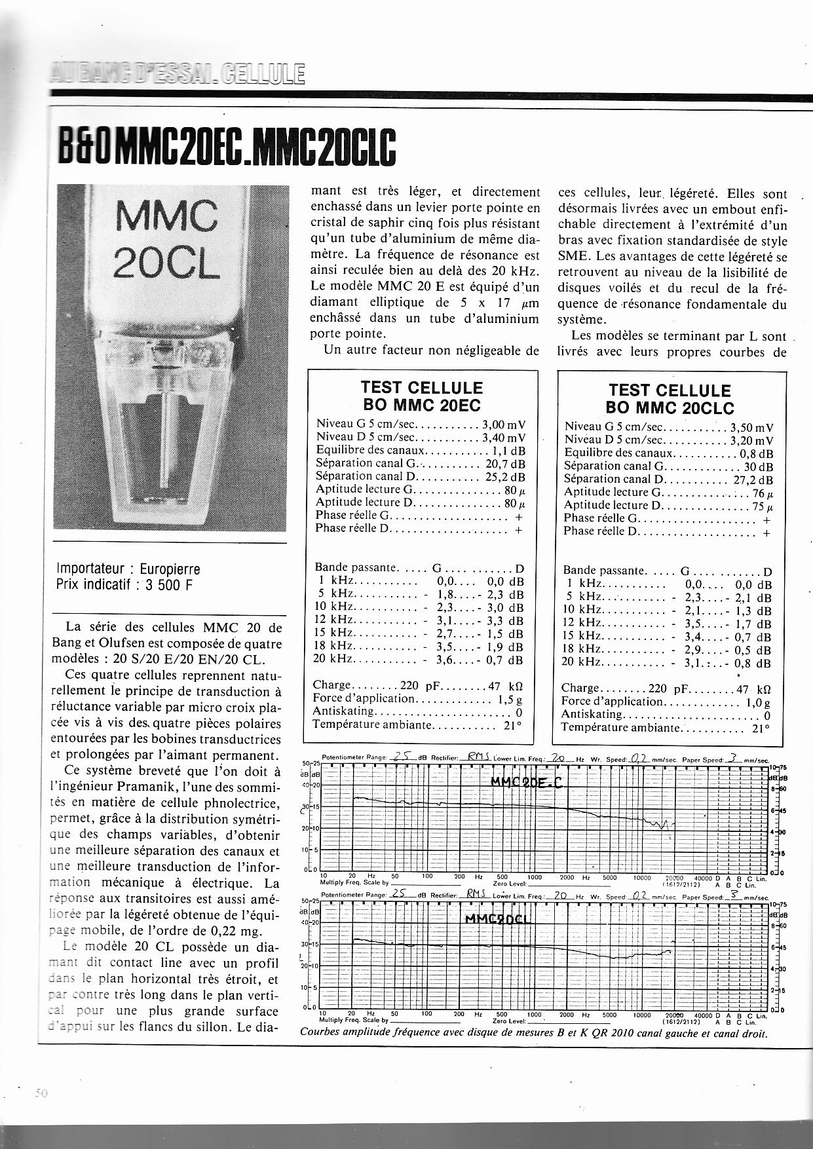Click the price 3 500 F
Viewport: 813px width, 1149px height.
[x=169, y=585]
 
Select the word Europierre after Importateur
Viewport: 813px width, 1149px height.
[x=171, y=569]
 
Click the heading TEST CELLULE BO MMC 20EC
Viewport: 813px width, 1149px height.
[x=422, y=395]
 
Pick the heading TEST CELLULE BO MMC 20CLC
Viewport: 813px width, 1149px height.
[x=668, y=398]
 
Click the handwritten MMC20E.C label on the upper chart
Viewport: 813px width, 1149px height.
[x=526, y=782]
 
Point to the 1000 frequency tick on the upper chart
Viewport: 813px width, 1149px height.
[x=535, y=876]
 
